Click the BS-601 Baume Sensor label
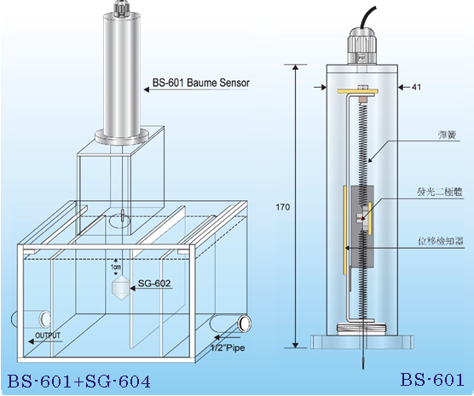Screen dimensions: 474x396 (200, 83)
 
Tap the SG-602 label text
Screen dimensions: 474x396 (154, 284)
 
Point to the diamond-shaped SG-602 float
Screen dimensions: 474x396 (121, 288)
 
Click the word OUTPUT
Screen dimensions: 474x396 (48, 336)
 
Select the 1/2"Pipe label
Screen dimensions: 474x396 (228, 348)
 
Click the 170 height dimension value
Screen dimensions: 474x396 (283, 207)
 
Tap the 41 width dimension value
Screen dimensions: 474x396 (416, 88)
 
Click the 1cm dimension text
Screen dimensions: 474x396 (115, 267)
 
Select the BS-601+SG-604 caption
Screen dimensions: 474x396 (78, 382)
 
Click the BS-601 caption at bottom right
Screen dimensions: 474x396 (432, 380)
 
